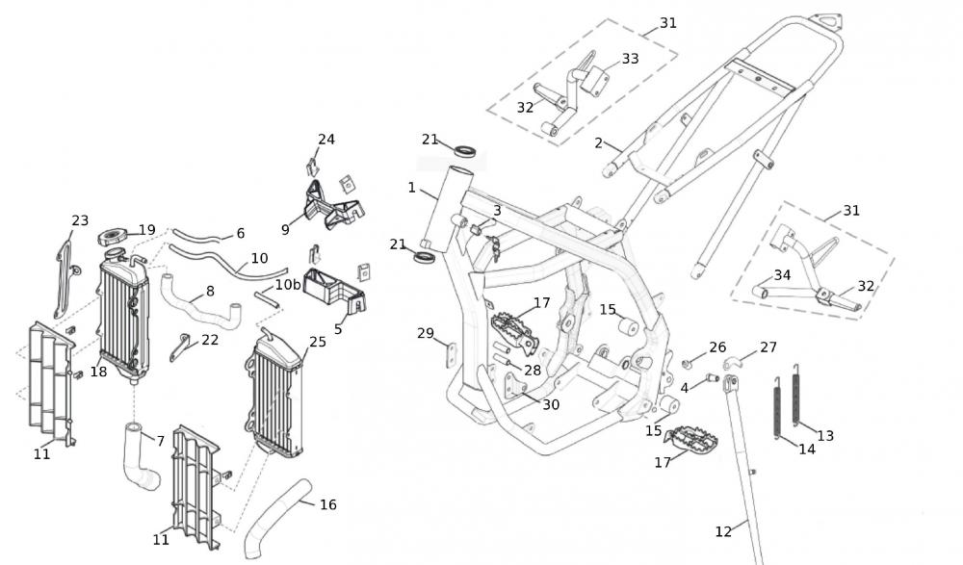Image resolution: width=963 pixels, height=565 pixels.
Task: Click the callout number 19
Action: pyautogui.click(x=146, y=230)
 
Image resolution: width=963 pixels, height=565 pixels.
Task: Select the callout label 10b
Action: pyautogui.click(x=288, y=285)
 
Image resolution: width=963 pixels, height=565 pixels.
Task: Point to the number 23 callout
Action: pyautogui.click(x=80, y=221)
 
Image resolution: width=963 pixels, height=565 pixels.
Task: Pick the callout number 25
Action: pyautogui.click(x=318, y=342)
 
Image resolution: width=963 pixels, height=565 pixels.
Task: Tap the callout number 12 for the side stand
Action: pyautogui.click(x=723, y=530)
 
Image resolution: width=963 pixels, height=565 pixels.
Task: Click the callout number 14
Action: pyautogui.click(x=807, y=449)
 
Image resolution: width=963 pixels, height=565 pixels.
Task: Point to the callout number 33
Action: pyautogui.click(x=630, y=59)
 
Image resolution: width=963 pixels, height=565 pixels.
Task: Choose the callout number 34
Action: pyautogui.click(x=782, y=275)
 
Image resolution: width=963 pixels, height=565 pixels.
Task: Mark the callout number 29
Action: pyautogui.click(x=426, y=333)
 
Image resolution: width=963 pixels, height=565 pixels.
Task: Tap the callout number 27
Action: pyautogui.click(x=768, y=347)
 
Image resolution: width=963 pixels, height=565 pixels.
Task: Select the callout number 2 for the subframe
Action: pyautogui.click(x=599, y=143)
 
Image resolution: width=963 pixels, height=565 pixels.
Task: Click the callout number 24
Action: pyautogui.click(x=326, y=140)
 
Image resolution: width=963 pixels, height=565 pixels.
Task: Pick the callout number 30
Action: pyautogui.click(x=550, y=404)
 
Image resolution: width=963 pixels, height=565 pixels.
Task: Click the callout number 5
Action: pyautogui.click(x=338, y=329)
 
